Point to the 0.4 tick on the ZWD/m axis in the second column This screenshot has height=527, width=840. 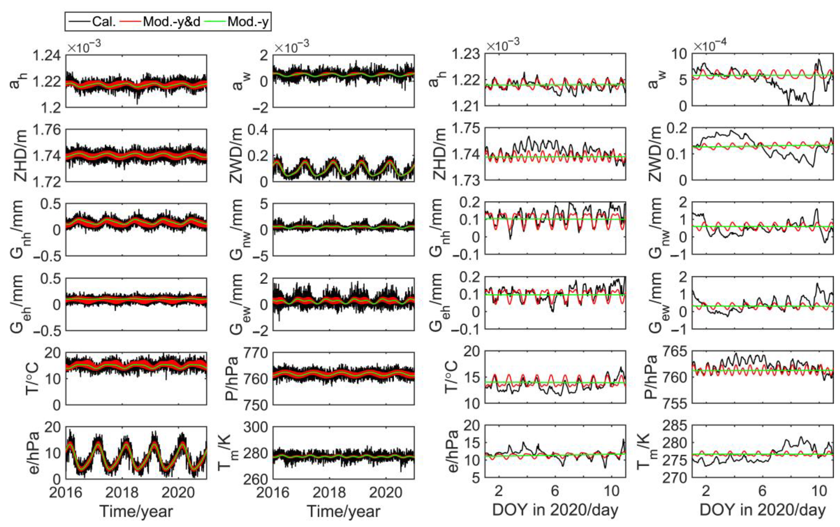[258, 130]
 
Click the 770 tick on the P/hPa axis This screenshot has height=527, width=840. [256, 353]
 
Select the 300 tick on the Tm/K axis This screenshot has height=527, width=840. [256, 427]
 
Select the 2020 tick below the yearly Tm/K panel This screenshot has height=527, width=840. [386, 493]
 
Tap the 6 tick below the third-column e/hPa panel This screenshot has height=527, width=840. [555, 491]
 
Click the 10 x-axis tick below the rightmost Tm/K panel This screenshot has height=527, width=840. [819, 491]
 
